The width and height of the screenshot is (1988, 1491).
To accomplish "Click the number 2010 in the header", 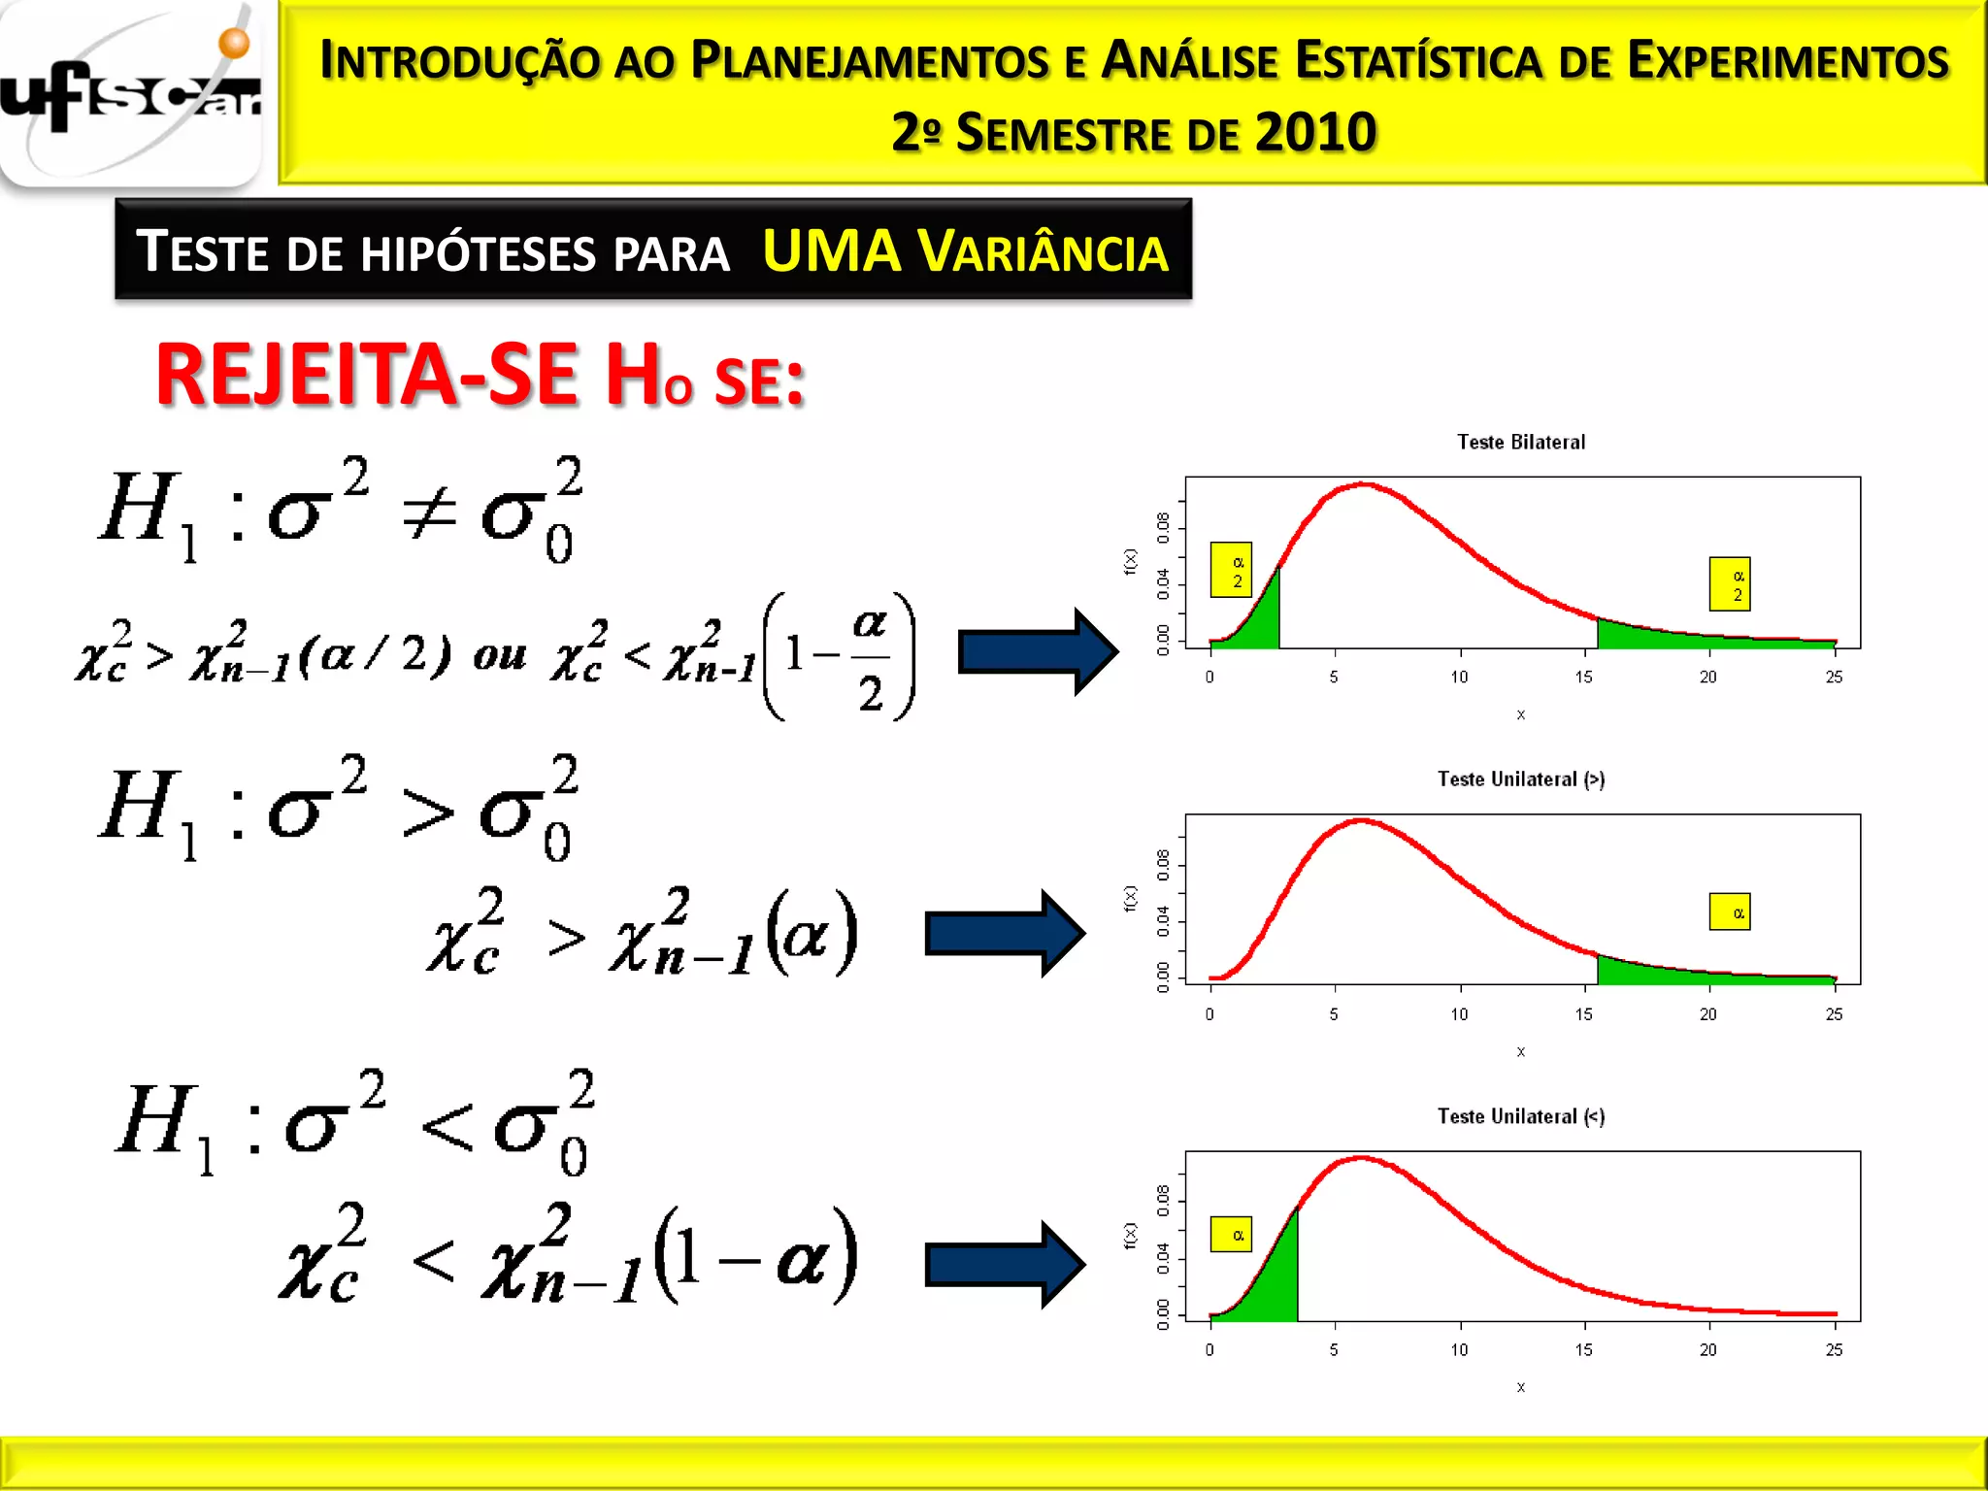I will pos(1315,133).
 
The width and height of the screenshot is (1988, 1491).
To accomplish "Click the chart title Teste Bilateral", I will pos(1521,443).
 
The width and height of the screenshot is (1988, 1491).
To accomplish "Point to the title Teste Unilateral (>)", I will pos(1521,779).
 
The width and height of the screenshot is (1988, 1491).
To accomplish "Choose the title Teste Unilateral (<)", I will pos(1521,1116).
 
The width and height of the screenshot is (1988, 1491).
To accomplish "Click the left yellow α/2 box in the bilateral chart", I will pos(1231,570).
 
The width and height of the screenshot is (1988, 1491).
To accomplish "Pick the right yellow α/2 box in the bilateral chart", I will pos(1730,584).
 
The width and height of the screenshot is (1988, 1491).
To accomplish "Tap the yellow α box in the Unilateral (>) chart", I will pos(1730,912).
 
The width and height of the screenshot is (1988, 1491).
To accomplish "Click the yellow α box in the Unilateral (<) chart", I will pos(1231,1235).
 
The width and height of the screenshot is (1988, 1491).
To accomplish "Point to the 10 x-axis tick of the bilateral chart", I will pos(1459,678).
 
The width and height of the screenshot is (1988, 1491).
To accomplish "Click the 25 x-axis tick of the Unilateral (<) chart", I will pos(1834,1350).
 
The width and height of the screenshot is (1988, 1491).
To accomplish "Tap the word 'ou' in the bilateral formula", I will pos(500,656).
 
